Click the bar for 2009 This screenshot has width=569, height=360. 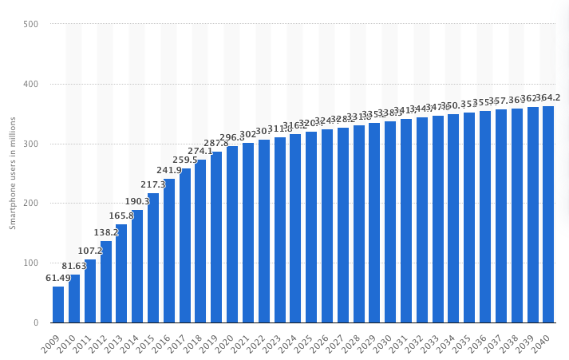[x=58, y=305]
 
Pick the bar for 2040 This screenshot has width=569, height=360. [x=548, y=215]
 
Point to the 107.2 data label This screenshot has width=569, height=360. [x=90, y=251]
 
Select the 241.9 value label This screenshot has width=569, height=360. [x=169, y=170]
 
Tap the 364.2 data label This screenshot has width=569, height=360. [x=548, y=97]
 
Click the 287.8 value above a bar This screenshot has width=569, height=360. [x=216, y=143]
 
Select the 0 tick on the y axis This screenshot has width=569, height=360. [x=36, y=323]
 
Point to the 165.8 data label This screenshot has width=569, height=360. [x=121, y=216]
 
